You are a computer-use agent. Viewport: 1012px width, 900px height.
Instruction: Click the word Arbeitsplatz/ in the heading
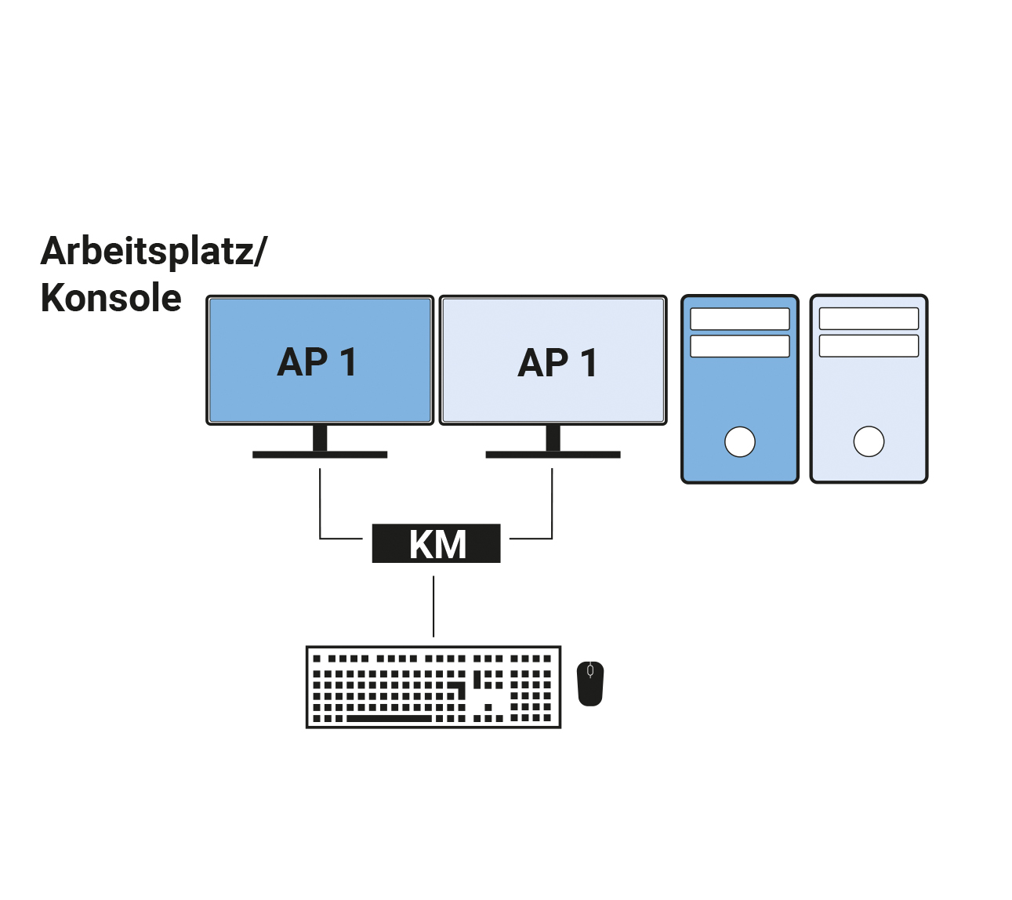click(x=154, y=252)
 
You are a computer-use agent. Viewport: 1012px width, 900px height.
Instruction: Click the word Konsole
click(x=111, y=299)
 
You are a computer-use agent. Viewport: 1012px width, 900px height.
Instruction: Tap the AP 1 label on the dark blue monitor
click(x=317, y=362)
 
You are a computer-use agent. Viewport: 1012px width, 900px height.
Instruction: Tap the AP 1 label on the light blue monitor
click(x=557, y=363)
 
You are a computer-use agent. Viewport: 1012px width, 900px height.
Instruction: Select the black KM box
click(x=436, y=543)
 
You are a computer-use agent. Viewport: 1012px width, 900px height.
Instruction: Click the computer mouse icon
click(x=590, y=684)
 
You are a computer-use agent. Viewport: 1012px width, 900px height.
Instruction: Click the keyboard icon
click(x=433, y=687)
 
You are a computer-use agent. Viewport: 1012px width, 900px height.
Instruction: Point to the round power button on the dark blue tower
click(x=740, y=441)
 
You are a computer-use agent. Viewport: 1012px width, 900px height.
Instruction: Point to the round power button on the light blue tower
click(x=869, y=441)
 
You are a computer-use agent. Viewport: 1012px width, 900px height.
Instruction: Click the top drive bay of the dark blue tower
click(x=740, y=319)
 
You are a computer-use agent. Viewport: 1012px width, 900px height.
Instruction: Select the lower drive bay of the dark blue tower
click(x=740, y=346)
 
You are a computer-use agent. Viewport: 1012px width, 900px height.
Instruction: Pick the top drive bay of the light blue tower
click(x=869, y=318)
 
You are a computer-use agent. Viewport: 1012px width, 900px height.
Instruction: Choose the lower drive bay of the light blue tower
click(x=869, y=346)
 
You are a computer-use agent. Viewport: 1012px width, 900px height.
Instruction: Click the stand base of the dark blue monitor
click(x=320, y=455)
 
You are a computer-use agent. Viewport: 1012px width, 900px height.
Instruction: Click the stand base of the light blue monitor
click(x=553, y=455)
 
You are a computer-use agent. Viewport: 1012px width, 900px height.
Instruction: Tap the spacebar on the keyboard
click(x=389, y=718)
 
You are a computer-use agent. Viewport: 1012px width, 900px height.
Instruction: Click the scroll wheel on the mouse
click(x=590, y=671)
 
